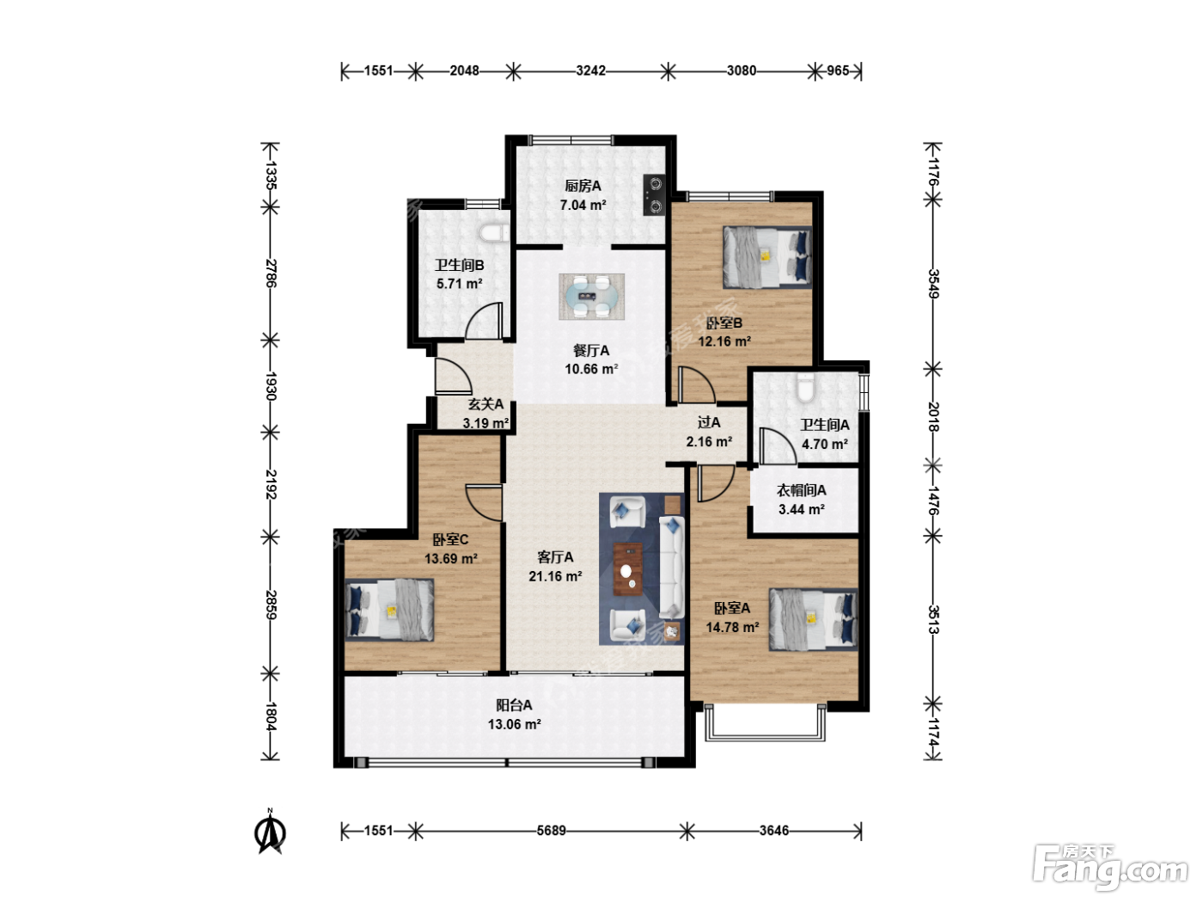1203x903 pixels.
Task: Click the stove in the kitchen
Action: (x=655, y=195)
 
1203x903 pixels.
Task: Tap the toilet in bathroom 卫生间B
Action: (x=494, y=233)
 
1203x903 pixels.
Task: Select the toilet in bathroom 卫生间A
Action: (x=804, y=387)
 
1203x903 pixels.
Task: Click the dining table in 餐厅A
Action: (x=591, y=297)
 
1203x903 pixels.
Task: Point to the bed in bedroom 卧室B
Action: (x=767, y=257)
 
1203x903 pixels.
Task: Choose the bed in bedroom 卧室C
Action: (x=389, y=610)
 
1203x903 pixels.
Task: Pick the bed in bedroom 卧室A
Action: (x=814, y=619)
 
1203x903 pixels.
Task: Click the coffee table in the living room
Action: (x=628, y=569)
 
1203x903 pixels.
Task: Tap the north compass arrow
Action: (x=270, y=833)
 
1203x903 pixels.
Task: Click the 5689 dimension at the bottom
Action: (x=552, y=831)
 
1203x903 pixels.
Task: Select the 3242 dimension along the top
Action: (x=591, y=71)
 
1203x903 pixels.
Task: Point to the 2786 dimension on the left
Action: (x=271, y=273)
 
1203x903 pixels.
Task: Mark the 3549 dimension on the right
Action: (x=933, y=284)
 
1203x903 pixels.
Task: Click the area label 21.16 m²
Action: (x=555, y=576)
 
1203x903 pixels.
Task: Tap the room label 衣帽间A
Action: (x=801, y=490)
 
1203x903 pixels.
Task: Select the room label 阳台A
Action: (x=514, y=705)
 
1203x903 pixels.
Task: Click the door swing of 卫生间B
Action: (x=484, y=321)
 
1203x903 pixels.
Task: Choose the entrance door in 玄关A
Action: (x=453, y=376)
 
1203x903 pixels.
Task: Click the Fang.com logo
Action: (x=1109, y=868)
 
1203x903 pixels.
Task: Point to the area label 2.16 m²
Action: (x=709, y=441)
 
